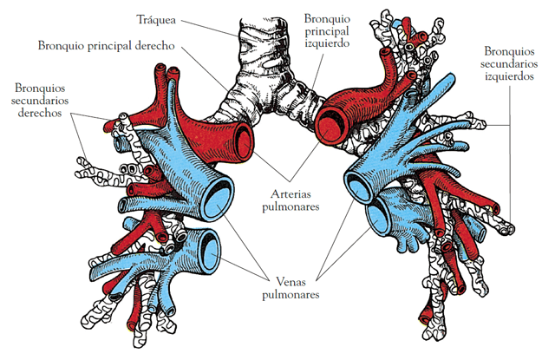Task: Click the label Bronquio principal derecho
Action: tap(108, 43)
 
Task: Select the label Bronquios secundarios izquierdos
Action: tap(510, 63)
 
